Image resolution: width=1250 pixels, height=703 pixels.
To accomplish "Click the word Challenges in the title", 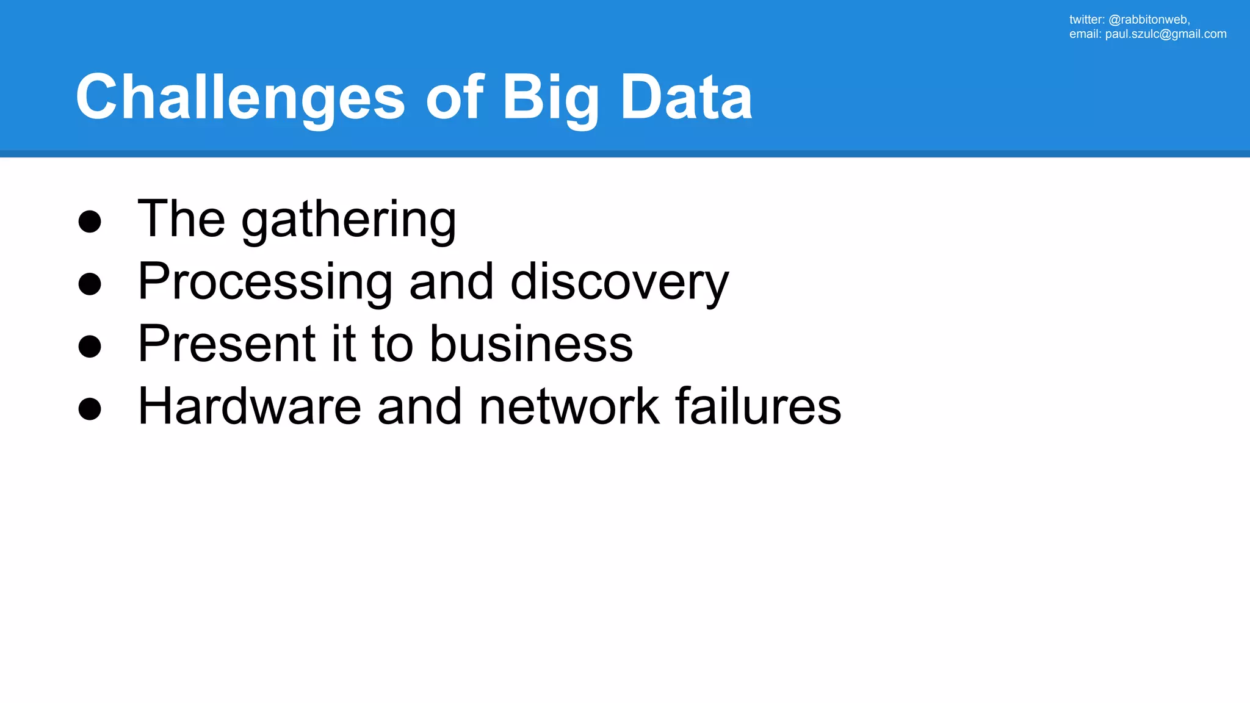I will (x=240, y=98).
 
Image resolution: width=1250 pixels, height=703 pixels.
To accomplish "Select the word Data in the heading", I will (x=686, y=98).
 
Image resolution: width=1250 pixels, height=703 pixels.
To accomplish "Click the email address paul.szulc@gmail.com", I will (x=1165, y=34).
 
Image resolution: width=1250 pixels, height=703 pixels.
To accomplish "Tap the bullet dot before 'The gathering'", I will (x=90, y=222).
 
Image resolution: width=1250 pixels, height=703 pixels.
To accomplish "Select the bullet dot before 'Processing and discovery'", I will (x=90, y=284).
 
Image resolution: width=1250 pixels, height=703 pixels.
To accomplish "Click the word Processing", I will (x=265, y=282).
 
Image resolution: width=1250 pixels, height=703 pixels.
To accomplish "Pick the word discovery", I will (x=619, y=282).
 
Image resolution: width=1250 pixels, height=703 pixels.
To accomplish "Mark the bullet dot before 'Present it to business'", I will (x=90, y=346).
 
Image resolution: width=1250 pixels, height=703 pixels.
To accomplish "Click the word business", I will (x=531, y=344).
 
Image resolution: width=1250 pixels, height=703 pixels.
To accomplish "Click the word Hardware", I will (x=250, y=406).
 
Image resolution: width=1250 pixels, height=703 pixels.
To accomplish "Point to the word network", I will (x=569, y=406).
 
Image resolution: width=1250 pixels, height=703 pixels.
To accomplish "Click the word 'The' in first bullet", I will (x=181, y=218).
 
